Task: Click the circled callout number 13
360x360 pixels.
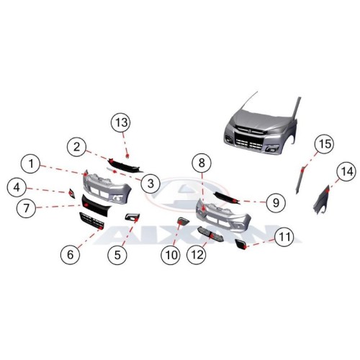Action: click(121, 122)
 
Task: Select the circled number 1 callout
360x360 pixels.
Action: click(31, 164)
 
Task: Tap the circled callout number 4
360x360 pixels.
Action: click(17, 187)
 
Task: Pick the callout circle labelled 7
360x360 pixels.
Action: click(26, 208)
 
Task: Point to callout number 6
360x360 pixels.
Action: click(70, 255)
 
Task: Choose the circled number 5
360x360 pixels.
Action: click(117, 255)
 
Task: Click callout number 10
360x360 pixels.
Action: click(171, 255)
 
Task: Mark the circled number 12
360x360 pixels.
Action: click(197, 255)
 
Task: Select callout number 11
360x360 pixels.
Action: click(284, 237)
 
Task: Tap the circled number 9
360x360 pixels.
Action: click(276, 203)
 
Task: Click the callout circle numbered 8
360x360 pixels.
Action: click(202, 163)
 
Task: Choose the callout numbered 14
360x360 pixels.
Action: click(346, 171)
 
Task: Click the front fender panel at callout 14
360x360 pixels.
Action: click(322, 200)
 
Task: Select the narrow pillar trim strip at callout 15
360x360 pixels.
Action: click(300, 179)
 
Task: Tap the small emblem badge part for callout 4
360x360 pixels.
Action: click(72, 194)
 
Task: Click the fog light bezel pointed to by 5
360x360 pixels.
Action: click(132, 217)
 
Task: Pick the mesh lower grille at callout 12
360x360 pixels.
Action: click(210, 234)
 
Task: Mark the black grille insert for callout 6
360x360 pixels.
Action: click(91, 220)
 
